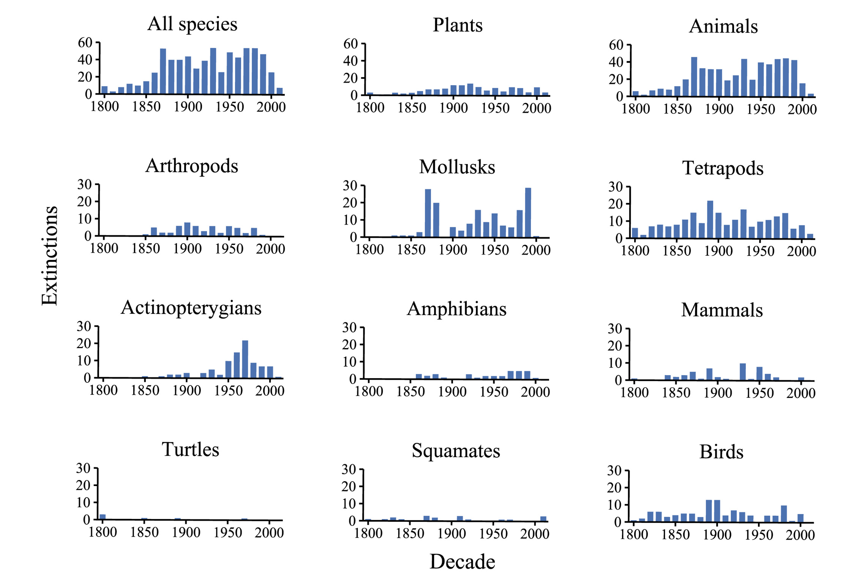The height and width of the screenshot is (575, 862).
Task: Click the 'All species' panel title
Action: pos(192,24)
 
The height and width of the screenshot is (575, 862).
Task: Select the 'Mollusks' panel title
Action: pos(457,167)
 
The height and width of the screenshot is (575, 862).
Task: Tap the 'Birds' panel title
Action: pos(721,452)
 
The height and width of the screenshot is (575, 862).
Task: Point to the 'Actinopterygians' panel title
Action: pos(191,307)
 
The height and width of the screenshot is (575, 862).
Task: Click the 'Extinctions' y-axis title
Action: pos(49,255)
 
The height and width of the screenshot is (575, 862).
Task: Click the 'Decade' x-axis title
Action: pos(462,561)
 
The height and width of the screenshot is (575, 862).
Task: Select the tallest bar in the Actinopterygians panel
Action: pos(245,359)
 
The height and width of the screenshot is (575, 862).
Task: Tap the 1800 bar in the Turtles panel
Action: pos(103,516)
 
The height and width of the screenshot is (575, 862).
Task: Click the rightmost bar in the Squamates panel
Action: pos(543,518)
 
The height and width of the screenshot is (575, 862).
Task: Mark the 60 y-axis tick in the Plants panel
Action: pos(350,44)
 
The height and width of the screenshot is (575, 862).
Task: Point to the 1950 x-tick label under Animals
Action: pos(760,109)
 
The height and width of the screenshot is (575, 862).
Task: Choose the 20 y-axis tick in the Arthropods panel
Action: pos(84,202)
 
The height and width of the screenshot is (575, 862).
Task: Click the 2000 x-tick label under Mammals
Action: pos(801,393)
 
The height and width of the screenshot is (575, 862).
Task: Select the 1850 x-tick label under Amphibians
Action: pos(410,392)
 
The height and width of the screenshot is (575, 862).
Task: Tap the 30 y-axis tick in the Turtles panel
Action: pos(83,468)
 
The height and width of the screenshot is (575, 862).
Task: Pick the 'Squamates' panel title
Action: pos(456,451)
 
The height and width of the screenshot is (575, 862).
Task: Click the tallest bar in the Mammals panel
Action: pos(742,372)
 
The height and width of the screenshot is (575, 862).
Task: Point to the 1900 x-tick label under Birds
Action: pos(717,535)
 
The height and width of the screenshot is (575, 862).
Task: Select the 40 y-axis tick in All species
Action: pos(85,60)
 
